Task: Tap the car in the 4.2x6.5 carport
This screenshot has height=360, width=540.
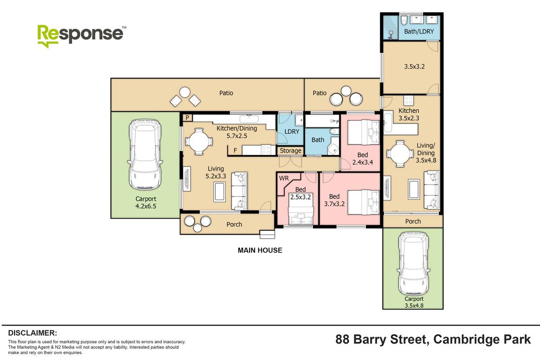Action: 145,154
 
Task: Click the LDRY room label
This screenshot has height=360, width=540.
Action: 291,132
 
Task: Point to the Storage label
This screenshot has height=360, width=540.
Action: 290,151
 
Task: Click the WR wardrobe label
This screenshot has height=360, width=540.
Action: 283,178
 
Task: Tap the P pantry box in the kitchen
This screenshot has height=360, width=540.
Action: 187,118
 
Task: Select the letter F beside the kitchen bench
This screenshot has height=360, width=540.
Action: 235,150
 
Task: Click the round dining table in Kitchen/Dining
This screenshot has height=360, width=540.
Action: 199,141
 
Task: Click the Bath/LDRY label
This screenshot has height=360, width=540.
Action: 419,32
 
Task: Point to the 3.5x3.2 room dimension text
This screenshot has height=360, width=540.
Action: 414,67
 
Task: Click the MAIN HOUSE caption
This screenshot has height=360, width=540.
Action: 260,250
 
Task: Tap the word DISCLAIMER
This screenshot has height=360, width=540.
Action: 33,333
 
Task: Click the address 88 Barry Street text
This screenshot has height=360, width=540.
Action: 433,340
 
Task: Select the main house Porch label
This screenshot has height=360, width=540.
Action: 234,224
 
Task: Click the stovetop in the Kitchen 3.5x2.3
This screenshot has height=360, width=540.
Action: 409,100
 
